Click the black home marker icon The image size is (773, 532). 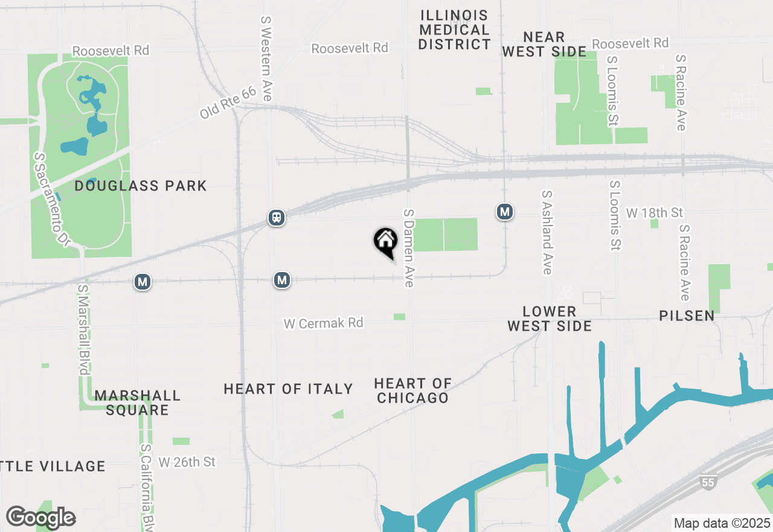pos(385,241)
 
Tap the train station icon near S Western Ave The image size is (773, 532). pos(277,218)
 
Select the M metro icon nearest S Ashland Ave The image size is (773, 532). pos(505,212)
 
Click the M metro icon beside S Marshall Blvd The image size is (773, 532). pos(143,282)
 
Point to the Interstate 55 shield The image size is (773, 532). pos(708,481)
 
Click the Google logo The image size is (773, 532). pos(40,517)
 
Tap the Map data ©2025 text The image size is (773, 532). pos(722,523)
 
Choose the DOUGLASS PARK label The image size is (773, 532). pos(141,186)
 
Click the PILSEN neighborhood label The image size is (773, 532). pos(687,316)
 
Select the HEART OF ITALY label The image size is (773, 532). pos(288,389)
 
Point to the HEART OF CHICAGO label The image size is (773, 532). pos(412,391)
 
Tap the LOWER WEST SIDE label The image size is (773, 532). pos(549,319)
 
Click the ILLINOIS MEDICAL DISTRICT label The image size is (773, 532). pos(455,30)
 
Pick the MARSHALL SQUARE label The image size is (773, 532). pos(137,403)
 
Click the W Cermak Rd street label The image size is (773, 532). pos(324,323)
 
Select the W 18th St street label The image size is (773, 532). pos(654,213)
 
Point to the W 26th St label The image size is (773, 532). pos(187,462)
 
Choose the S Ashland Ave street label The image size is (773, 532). pos(547,232)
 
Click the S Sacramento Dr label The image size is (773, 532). pos(52,199)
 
